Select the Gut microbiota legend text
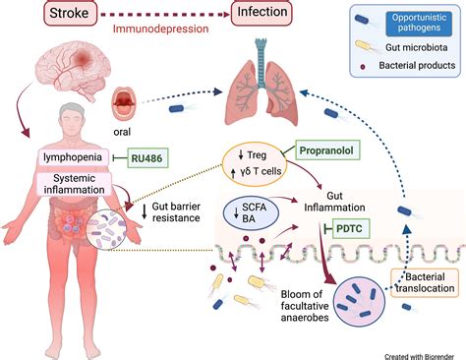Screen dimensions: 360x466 click(421, 47)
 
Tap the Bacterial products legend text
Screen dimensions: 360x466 click(421, 66)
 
